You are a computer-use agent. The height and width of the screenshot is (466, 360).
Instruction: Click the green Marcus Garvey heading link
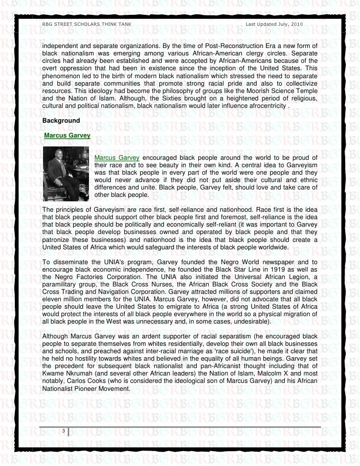(x=66, y=135)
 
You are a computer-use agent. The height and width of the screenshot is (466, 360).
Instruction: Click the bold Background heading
(x=61, y=120)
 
